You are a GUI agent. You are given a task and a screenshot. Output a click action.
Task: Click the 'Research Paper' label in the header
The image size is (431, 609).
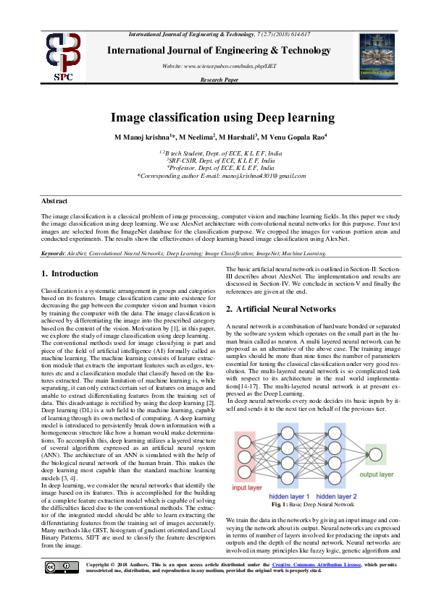tap(219, 80)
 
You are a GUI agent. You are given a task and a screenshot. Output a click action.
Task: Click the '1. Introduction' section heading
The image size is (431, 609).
tap(70, 273)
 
